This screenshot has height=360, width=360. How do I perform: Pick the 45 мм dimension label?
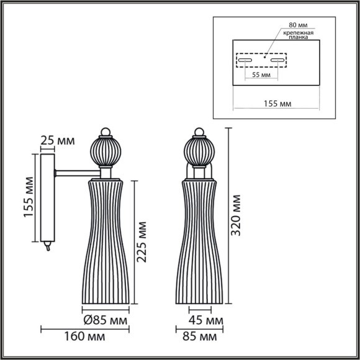(205, 321)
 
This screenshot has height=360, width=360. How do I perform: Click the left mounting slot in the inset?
(245, 61)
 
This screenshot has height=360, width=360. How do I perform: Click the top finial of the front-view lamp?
(199, 132)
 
